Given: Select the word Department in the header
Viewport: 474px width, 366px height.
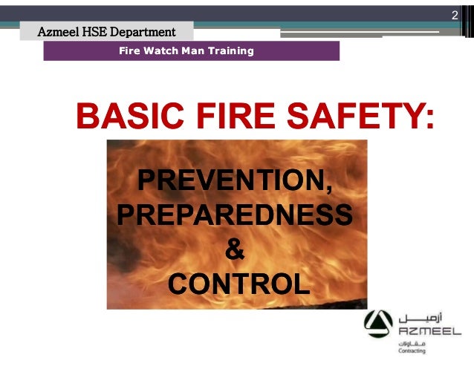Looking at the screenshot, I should tap(146, 32).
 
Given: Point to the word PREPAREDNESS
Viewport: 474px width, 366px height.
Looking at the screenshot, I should tap(235, 215).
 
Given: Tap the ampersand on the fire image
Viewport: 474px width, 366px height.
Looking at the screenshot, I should tap(235, 249).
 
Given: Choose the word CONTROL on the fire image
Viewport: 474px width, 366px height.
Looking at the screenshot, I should tap(238, 283).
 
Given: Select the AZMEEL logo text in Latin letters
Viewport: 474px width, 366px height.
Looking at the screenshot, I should tap(429, 330).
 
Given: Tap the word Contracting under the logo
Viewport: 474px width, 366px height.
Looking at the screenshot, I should tap(412, 355).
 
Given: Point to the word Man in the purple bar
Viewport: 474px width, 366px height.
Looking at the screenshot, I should tap(190, 51).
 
